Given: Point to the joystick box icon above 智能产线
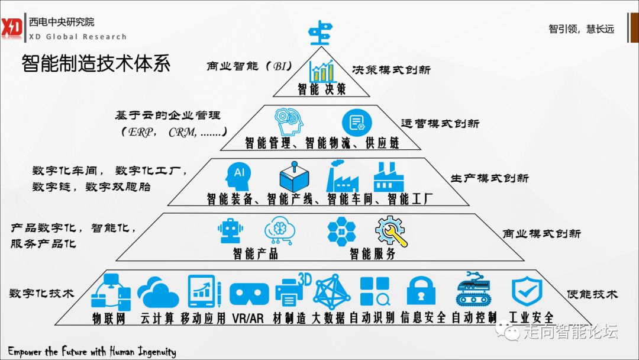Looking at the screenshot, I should pos(295,176).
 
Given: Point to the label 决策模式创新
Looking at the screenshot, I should pos(390,70).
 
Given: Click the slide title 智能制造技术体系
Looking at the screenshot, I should pos(96,63).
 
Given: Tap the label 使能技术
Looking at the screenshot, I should pos(592,294).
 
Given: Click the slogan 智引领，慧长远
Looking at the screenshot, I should pos(581,29).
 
